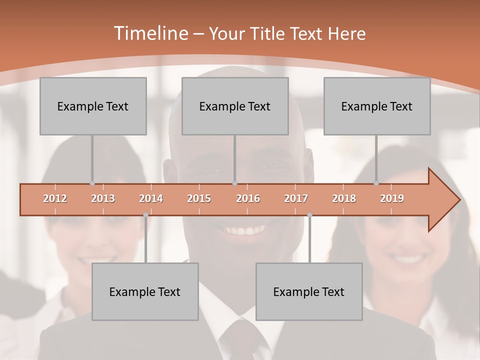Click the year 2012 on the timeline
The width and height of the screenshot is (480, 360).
(x=55, y=198)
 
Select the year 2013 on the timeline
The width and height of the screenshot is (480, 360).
(x=103, y=198)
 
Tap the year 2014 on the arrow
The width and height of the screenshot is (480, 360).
(x=151, y=198)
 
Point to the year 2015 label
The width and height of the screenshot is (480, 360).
(x=199, y=198)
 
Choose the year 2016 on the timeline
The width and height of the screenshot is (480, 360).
(x=248, y=198)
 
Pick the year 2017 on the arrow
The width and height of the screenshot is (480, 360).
(x=296, y=198)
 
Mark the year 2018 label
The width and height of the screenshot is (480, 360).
(x=344, y=198)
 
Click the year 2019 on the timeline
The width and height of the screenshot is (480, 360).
(x=392, y=198)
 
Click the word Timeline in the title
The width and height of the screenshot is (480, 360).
(x=150, y=33)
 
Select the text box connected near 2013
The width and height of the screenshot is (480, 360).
(x=93, y=106)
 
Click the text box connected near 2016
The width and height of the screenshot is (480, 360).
(x=235, y=106)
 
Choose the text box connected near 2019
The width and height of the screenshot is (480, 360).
(x=377, y=106)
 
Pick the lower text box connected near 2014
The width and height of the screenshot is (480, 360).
(x=145, y=291)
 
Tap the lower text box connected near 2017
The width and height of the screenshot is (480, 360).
(x=309, y=291)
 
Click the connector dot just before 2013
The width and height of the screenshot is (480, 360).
(x=92, y=183)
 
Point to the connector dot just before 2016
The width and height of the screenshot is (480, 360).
(x=234, y=183)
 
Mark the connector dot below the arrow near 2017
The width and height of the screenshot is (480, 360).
(x=309, y=215)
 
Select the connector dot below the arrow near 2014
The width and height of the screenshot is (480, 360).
(x=145, y=215)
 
